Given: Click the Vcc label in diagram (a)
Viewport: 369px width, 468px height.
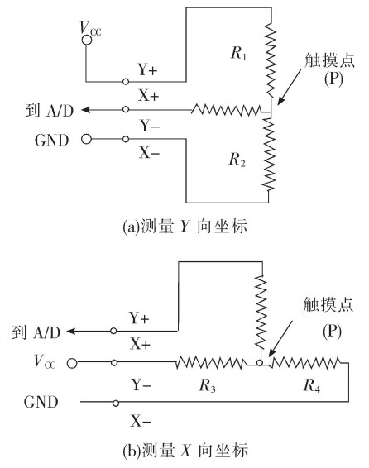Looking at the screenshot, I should point(92,28).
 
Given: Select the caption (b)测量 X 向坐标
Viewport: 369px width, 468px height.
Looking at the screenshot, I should point(184,451).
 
